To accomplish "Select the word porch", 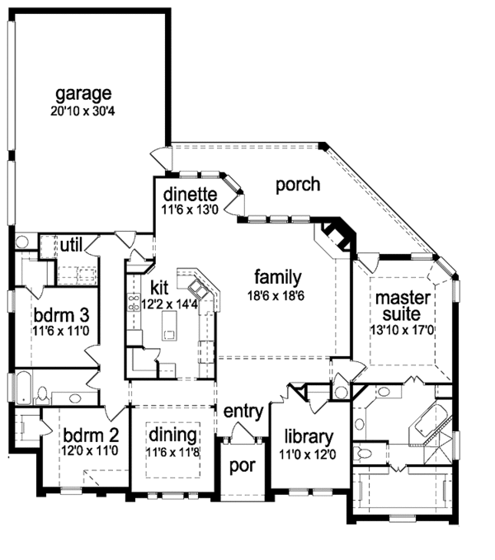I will click(x=298, y=184).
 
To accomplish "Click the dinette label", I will click(x=190, y=195).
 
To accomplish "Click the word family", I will click(x=277, y=277).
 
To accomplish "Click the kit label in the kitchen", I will click(x=160, y=287).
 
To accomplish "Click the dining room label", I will click(x=172, y=435).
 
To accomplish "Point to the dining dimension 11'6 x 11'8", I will click(x=172, y=451).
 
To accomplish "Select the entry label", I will click(x=243, y=411).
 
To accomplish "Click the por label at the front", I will click(x=243, y=464).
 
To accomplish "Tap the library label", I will click(x=308, y=436).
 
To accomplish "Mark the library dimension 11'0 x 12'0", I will click(x=308, y=453).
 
